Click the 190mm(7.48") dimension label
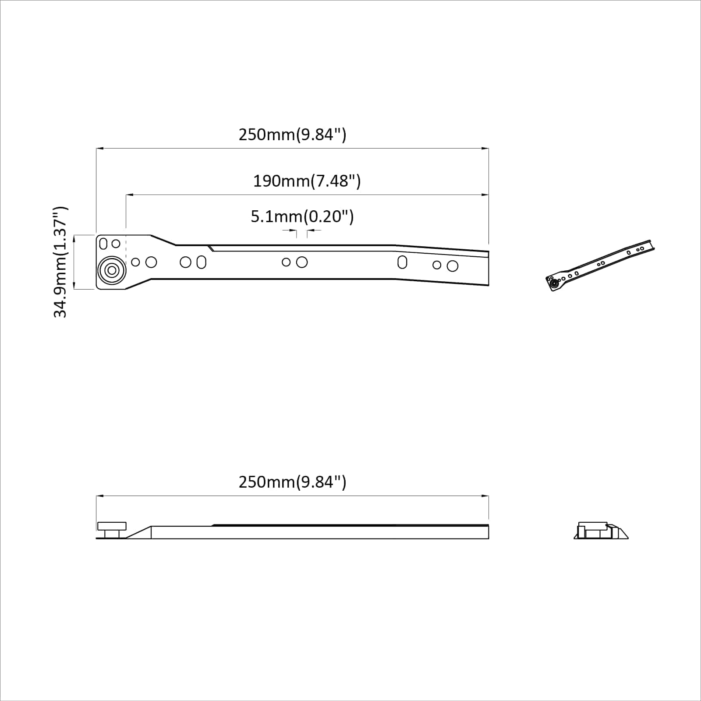[x=307, y=181]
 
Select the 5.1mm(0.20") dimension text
[x=302, y=216]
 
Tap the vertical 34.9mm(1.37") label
[x=60, y=262]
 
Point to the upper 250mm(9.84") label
[x=292, y=135]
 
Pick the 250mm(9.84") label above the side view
[x=292, y=482]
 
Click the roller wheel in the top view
[x=112, y=270]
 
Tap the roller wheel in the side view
[x=112, y=530]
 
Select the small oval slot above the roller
[x=103, y=243]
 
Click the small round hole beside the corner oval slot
[x=116, y=244]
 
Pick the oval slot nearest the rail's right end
[x=402, y=262]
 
